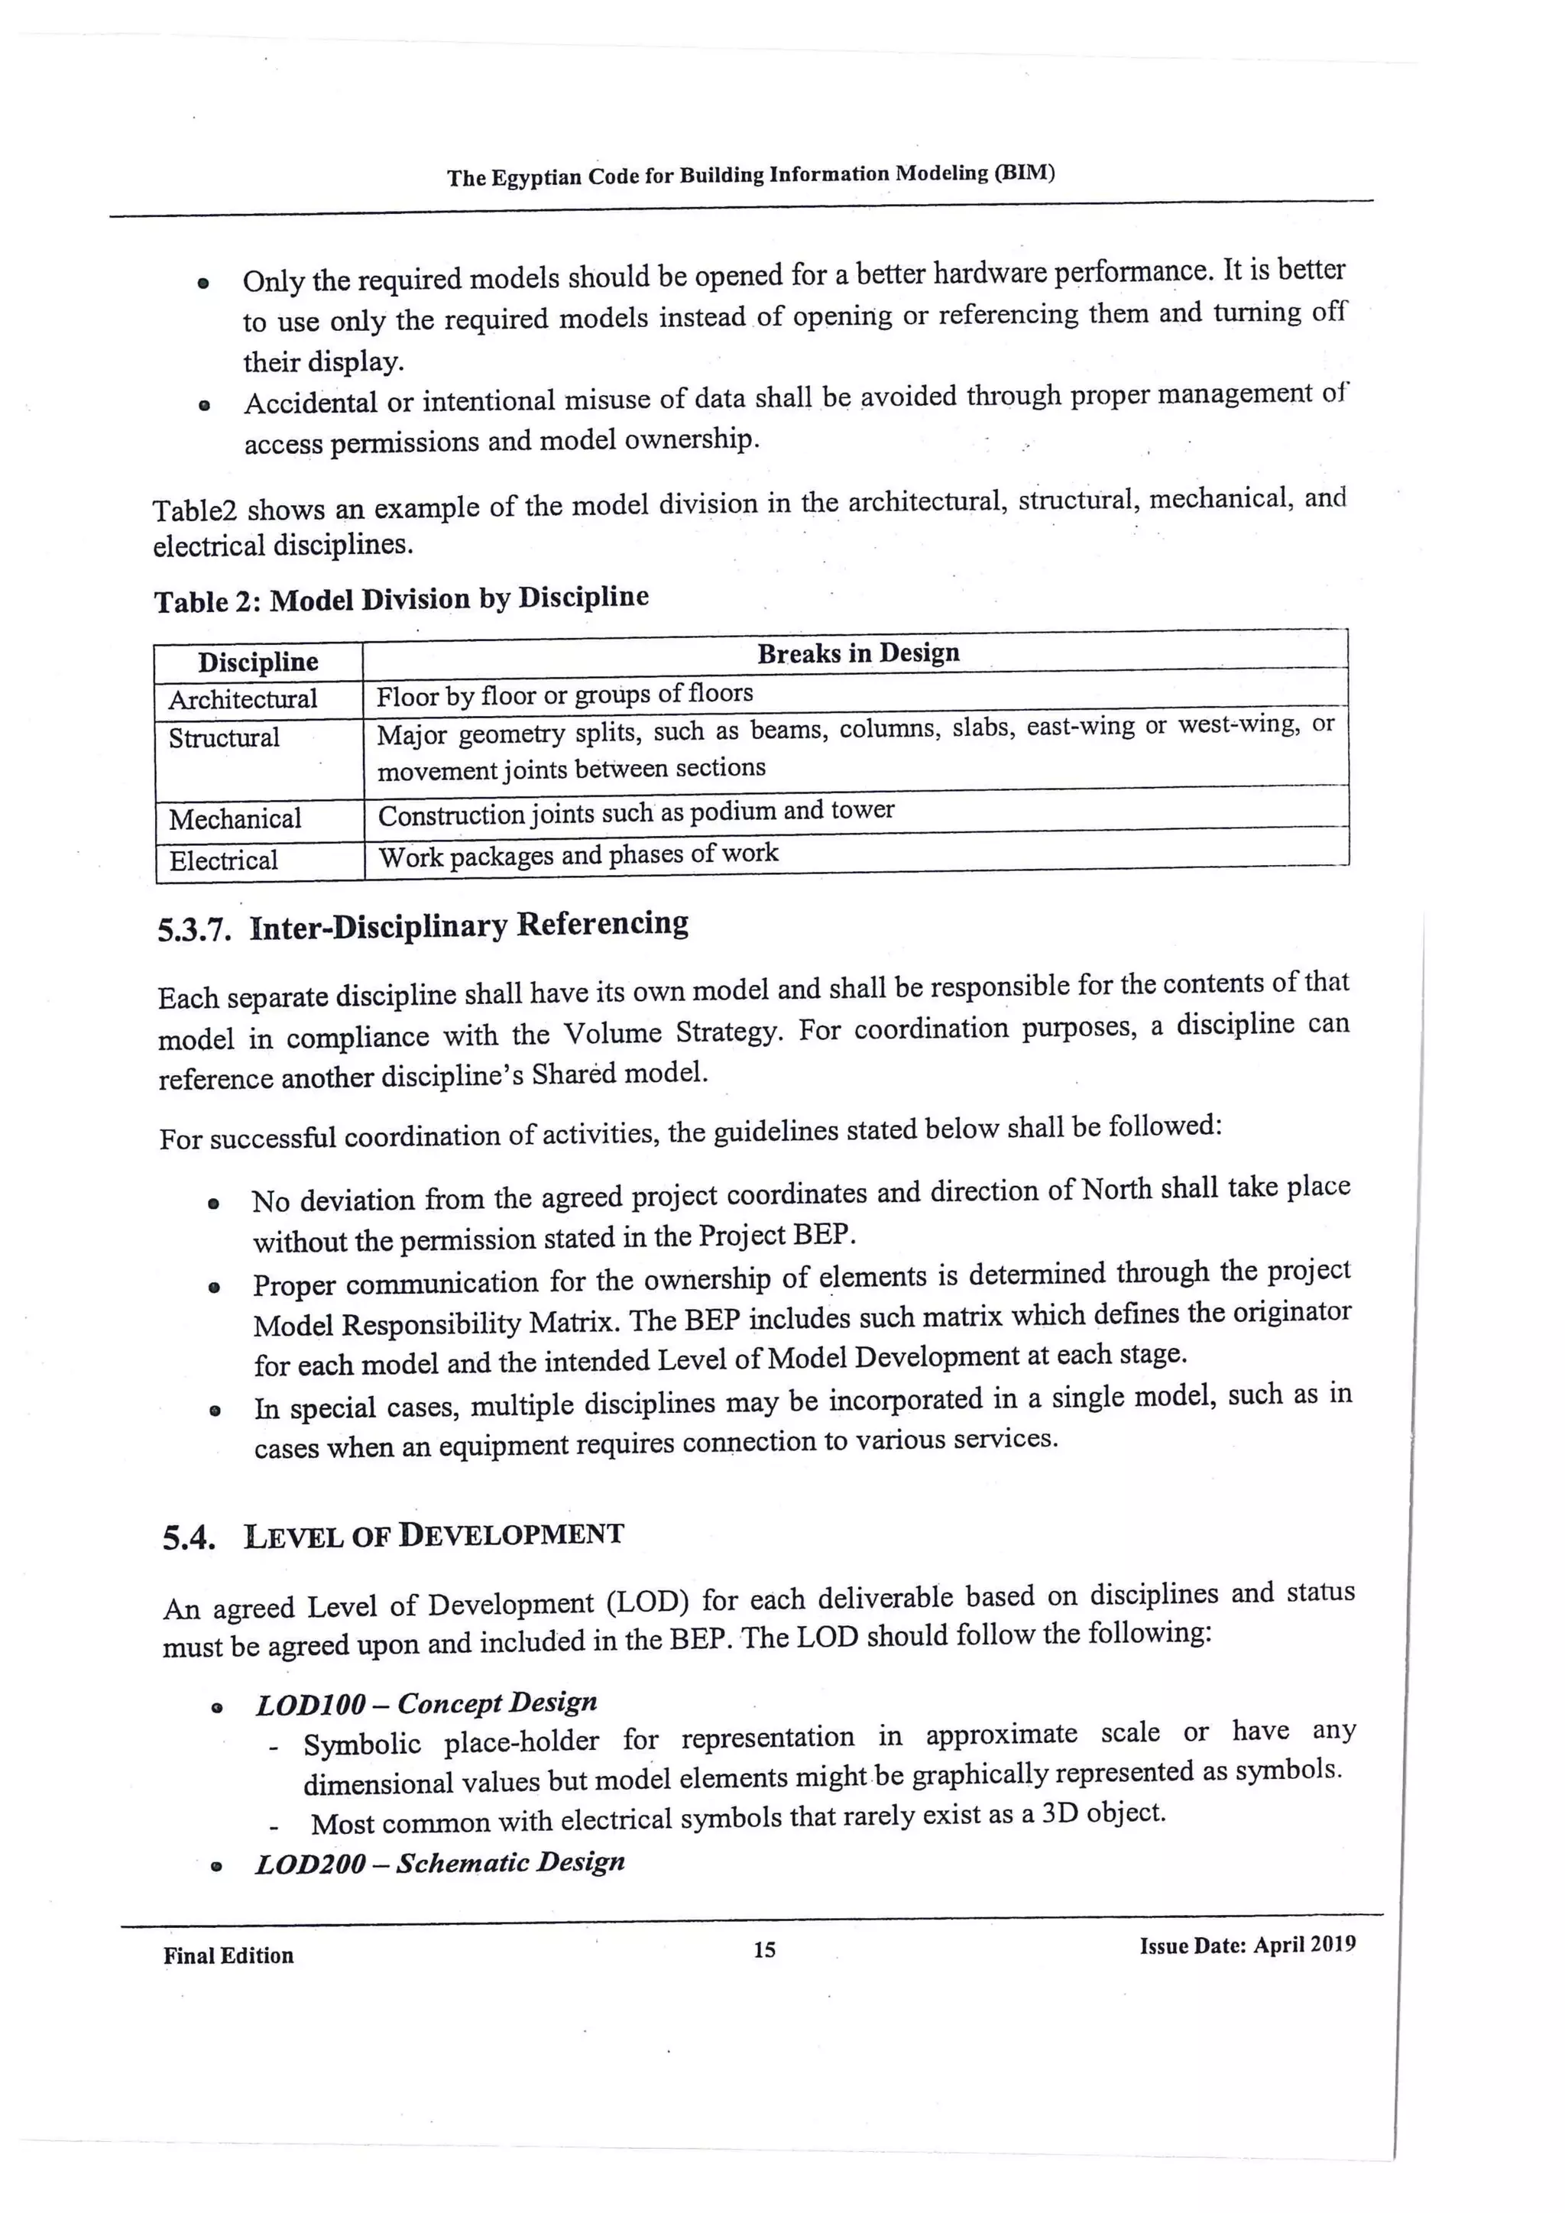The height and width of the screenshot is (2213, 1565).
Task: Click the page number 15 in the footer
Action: click(764, 1950)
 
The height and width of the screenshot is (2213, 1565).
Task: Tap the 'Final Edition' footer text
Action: click(228, 1955)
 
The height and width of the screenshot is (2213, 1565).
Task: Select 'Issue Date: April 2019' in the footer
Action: click(1247, 1945)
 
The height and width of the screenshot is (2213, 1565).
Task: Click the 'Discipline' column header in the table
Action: click(258, 663)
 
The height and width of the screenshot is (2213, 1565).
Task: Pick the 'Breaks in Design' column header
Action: click(857, 653)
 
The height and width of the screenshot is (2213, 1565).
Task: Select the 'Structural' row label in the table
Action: click(224, 738)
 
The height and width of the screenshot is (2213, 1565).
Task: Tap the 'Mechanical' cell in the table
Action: click(235, 819)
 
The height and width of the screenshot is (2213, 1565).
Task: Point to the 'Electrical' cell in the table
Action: click(224, 860)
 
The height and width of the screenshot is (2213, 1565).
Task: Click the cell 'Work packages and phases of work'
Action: click(578, 855)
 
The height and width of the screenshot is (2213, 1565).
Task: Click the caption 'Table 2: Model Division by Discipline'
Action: click(401, 600)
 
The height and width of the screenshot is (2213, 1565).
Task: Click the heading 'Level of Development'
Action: click(433, 1534)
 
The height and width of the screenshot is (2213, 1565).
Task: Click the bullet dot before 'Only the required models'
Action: click(203, 284)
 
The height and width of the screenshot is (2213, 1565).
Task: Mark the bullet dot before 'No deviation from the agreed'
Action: click(213, 1204)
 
